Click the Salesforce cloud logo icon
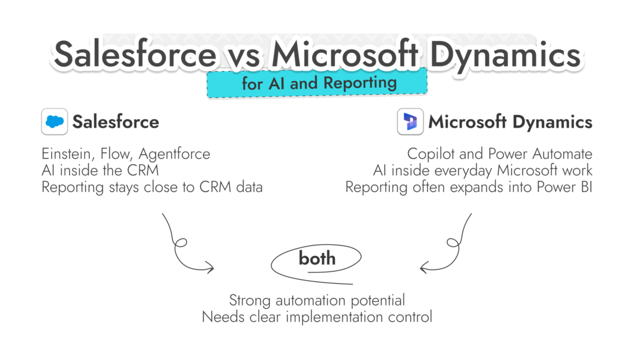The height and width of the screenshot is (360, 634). click(54, 121)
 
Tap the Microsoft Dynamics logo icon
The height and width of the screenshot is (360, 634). click(410, 121)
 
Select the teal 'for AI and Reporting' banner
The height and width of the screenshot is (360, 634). click(317, 84)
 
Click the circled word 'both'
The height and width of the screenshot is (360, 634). click(317, 258)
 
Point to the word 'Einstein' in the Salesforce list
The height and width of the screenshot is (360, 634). click(65, 154)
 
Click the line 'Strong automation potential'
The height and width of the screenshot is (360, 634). click(317, 301)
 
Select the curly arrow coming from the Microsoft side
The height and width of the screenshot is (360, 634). click(451, 245)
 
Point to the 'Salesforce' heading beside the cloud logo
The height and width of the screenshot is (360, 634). click(116, 121)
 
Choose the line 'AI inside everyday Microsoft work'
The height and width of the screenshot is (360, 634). click(482, 170)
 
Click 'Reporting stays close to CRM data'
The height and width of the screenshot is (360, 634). click(152, 187)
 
